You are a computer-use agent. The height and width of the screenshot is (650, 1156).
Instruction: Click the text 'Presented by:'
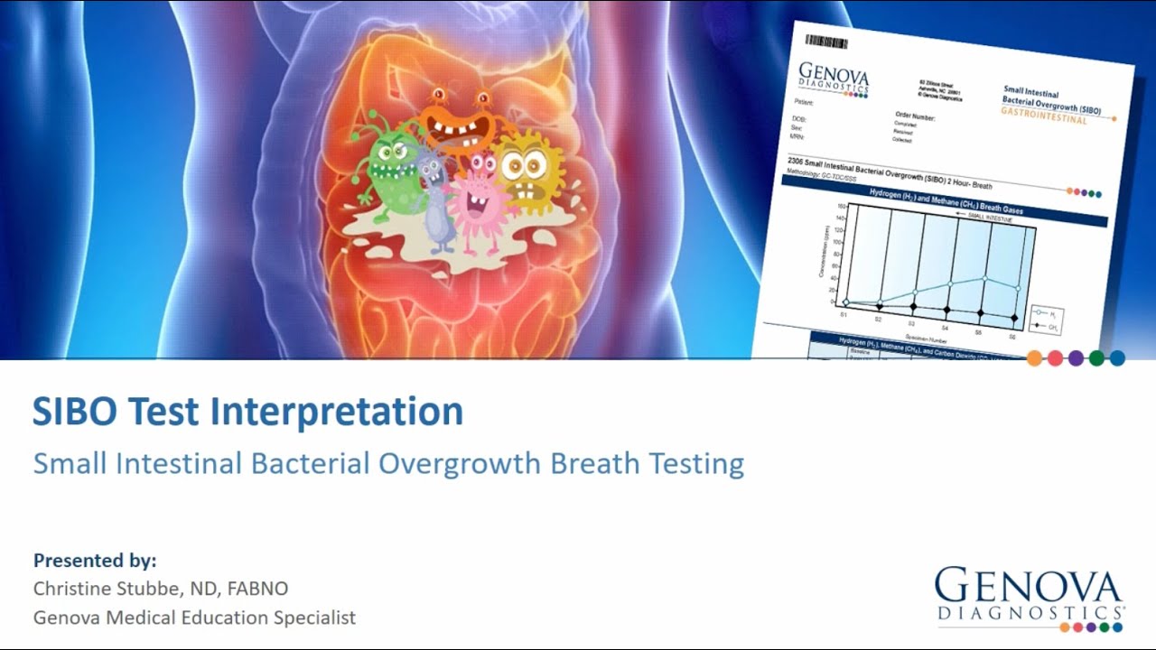click(x=95, y=561)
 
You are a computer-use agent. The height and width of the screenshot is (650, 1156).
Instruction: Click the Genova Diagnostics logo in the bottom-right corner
click(x=1029, y=596)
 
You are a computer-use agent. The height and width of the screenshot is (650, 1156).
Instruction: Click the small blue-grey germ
click(x=436, y=203)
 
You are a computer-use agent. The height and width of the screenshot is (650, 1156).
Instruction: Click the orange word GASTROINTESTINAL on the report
click(x=1045, y=116)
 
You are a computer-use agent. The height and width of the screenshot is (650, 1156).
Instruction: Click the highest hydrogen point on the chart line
click(x=984, y=278)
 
